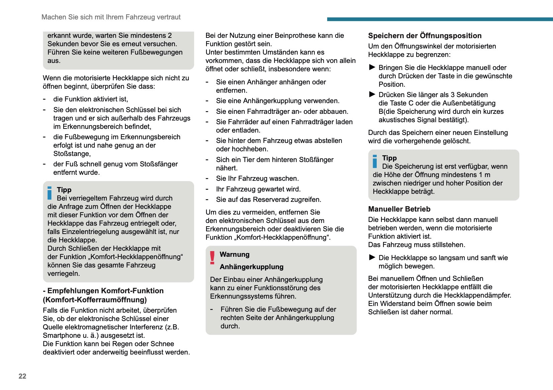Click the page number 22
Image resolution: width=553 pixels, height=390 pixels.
pyautogui.click(x=22, y=376)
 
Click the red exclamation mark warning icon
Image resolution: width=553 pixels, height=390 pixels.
pyautogui.click(x=212, y=258)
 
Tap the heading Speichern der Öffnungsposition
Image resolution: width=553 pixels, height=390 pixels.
pyautogui.click(x=425, y=36)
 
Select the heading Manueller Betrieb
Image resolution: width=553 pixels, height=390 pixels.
pyautogui.click(x=399, y=209)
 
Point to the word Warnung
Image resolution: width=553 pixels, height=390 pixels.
pyautogui.click(x=235, y=254)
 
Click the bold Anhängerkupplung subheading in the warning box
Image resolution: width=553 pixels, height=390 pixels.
pyautogui.click(x=252, y=267)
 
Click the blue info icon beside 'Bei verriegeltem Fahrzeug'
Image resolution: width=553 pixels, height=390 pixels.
pyautogui.click(x=50, y=193)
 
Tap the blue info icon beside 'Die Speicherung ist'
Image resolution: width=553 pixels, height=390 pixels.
pyautogui.click(x=375, y=161)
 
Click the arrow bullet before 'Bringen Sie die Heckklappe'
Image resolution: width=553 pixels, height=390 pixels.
pyautogui.click(x=372, y=67)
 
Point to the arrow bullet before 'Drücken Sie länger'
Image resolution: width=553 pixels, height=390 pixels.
pyautogui.click(x=372, y=94)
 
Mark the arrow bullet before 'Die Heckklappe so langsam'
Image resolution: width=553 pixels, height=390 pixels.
pyautogui.click(x=372, y=257)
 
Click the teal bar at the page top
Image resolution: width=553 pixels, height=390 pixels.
pyautogui.click(x=440, y=19)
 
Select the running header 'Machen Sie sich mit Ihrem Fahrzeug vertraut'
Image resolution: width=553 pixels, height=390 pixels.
pyautogui.click(x=111, y=17)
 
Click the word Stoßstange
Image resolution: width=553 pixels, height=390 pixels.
pyautogui.click(x=72, y=154)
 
